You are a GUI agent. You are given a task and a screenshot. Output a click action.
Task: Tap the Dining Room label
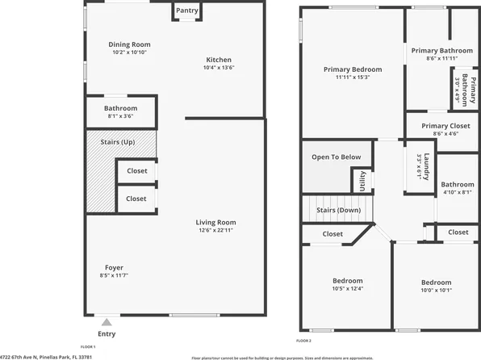[x=129, y=44]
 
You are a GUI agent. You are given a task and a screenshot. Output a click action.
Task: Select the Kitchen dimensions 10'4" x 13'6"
[x=219, y=69]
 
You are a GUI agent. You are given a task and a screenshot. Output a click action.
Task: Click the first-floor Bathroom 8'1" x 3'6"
[x=120, y=112]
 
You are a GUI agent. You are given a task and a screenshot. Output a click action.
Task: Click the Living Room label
[x=215, y=222]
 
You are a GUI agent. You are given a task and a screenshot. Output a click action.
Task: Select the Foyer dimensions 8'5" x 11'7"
[x=114, y=276]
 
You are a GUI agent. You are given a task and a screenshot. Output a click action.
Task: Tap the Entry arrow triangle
[x=106, y=320]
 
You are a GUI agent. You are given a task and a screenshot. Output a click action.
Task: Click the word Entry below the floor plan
[x=106, y=333]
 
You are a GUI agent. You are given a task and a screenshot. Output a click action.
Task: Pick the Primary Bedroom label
[x=353, y=69]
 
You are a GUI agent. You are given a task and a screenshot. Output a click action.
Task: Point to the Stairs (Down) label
[x=337, y=210]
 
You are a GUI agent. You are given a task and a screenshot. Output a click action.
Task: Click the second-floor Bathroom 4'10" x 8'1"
[x=458, y=188]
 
